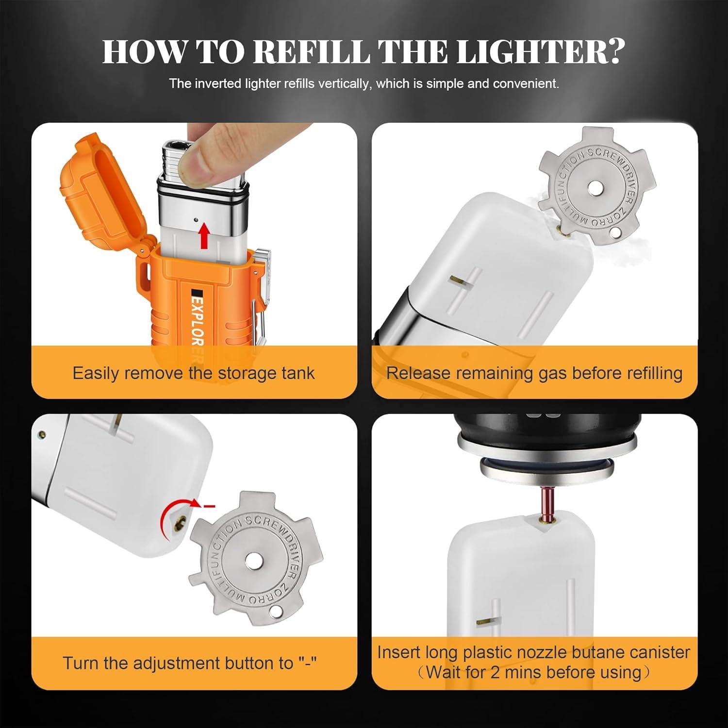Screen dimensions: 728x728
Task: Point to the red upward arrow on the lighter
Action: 205,234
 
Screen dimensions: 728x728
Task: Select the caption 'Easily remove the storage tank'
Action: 194,373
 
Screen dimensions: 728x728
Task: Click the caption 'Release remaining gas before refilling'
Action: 534,373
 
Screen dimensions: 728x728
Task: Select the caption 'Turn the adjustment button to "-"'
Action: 190,663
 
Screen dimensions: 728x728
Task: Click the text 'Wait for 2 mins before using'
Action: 534,673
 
